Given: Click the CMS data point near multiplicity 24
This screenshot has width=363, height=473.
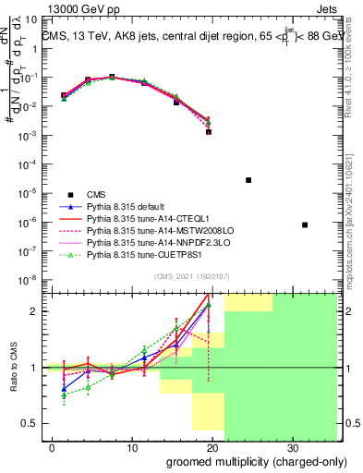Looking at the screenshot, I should (248, 180).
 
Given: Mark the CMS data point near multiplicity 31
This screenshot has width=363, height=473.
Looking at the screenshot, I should (305, 225).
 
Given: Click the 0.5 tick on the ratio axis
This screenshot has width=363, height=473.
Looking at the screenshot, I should (31, 423).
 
